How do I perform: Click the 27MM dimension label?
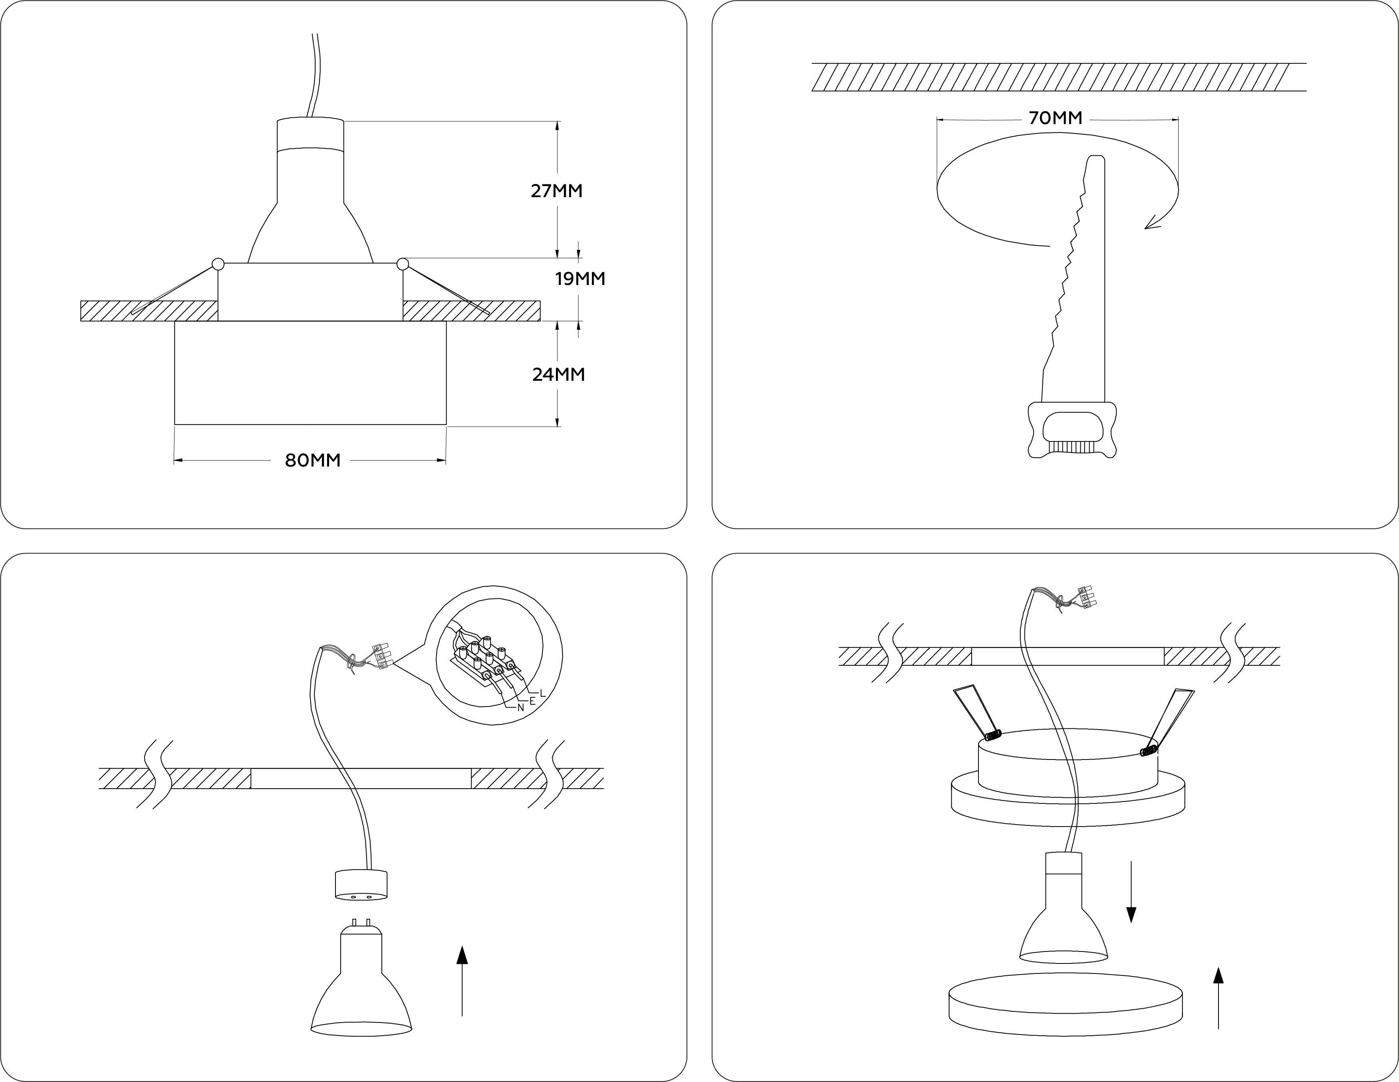tap(557, 191)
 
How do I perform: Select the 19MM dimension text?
tap(580, 279)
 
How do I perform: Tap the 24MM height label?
tap(558, 374)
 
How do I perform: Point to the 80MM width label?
tap(313, 460)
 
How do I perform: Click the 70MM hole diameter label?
tap(1055, 118)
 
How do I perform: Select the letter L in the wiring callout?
tap(542, 693)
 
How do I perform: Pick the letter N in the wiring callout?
tap(521, 708)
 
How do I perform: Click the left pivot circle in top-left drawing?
tap(218, 263)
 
